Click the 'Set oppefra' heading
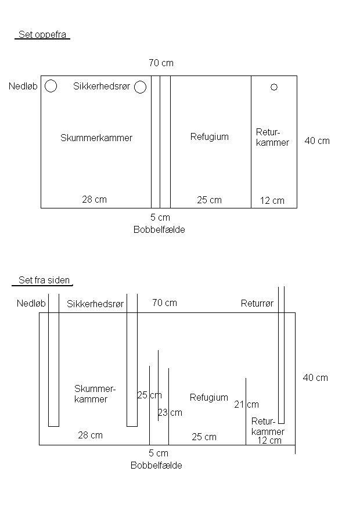[x=42, y=35]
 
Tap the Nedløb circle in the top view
[x=51, y=86]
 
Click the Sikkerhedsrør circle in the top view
[x=140, y=87]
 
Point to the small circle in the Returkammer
[x=274, y=87]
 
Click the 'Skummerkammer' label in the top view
[x=96, y=138]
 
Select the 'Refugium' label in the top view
[x=210, y=137]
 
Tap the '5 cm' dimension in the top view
[x=160, y=218]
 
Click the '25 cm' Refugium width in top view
[x=209, y=200]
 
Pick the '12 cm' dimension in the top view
[x=272, y=201]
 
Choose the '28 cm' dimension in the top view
[x=94, y=200]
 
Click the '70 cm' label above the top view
[x=161, y=63]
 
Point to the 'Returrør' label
[x=257, y=304]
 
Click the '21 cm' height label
[x=247, y=405]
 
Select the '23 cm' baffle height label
[x=170, y=413]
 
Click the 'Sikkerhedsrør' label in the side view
[x=95, y=304]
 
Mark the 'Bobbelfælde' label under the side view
[x=156, y=466]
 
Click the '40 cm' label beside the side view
[x=315, y=377]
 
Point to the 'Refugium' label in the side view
[x=209, y=398]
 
